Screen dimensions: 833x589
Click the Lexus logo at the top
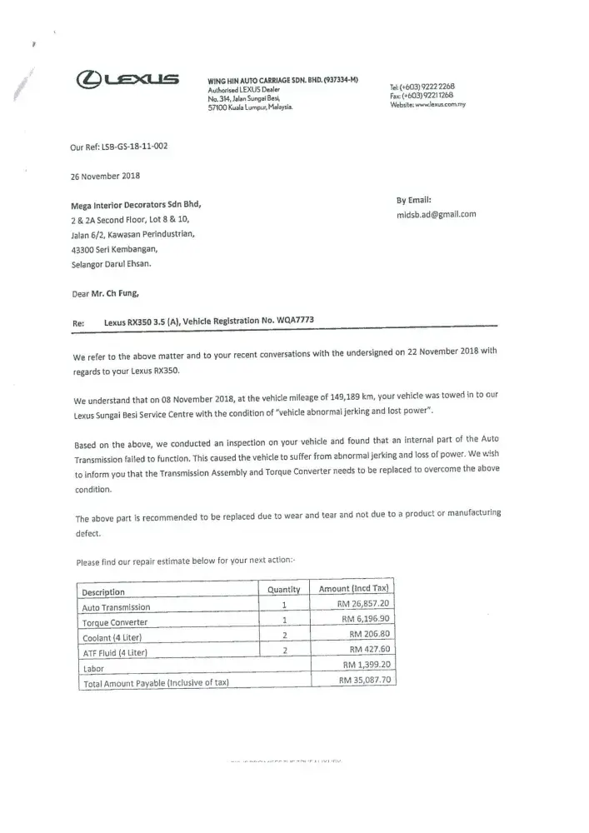[x=127, y=81]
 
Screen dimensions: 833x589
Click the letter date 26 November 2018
[x=106, y=176]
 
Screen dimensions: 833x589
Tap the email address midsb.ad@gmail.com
[x=437, y=214]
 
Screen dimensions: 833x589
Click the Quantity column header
[x=283, y=589]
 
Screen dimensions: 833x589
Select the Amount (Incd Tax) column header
[x=354, y=589]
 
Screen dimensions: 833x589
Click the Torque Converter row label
[x=114, y=622]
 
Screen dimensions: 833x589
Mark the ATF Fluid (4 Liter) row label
[x=114, y=652]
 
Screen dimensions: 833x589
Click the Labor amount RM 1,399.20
[x=367, y=665]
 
